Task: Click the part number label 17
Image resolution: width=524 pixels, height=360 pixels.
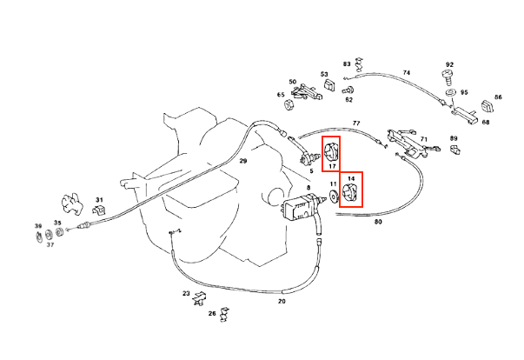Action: click(x=331, y=165)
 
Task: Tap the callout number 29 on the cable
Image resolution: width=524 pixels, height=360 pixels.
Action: click(x=243, y=162)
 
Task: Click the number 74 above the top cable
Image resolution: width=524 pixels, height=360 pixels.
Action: click(x=406, y=72)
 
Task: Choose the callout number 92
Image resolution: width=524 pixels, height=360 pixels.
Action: click(x=449, y=64)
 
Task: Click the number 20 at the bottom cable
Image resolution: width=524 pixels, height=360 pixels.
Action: click(x=282, y=302)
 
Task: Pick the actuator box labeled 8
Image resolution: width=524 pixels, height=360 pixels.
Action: click(x=301, y=210)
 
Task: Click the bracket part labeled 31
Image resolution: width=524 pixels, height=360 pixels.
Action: click(x=99, y=210)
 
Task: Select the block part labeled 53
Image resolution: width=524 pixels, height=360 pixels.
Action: click(x=330, y=85)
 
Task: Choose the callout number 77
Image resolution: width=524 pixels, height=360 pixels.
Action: click(x=355, y=124)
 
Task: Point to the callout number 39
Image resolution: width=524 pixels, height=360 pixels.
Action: click(x=38, y=226)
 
